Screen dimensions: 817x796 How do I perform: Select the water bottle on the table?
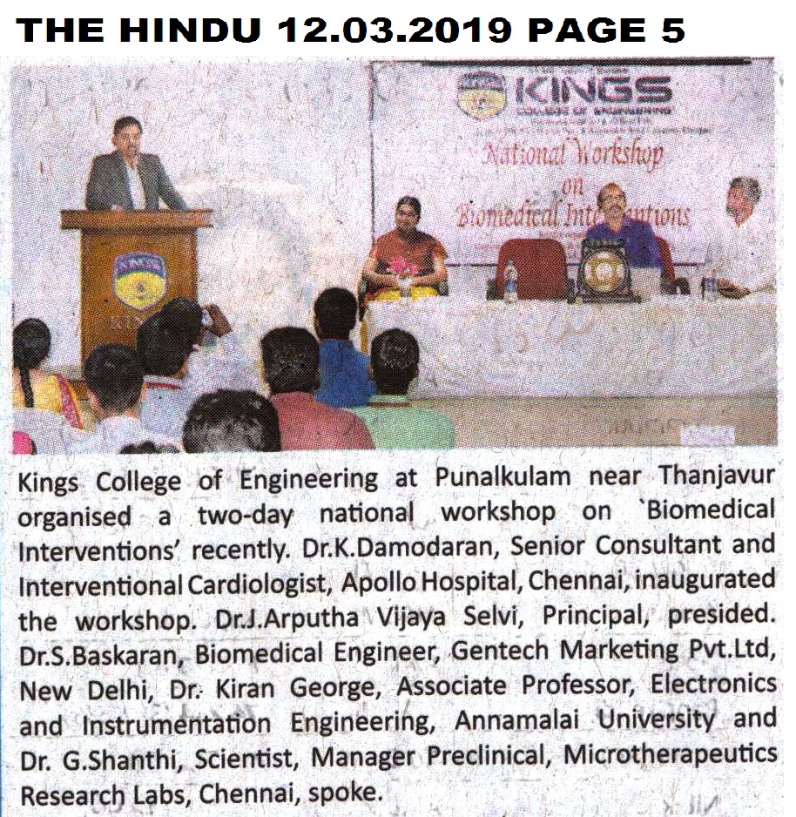pyautogui.click(x=509, y=280)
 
